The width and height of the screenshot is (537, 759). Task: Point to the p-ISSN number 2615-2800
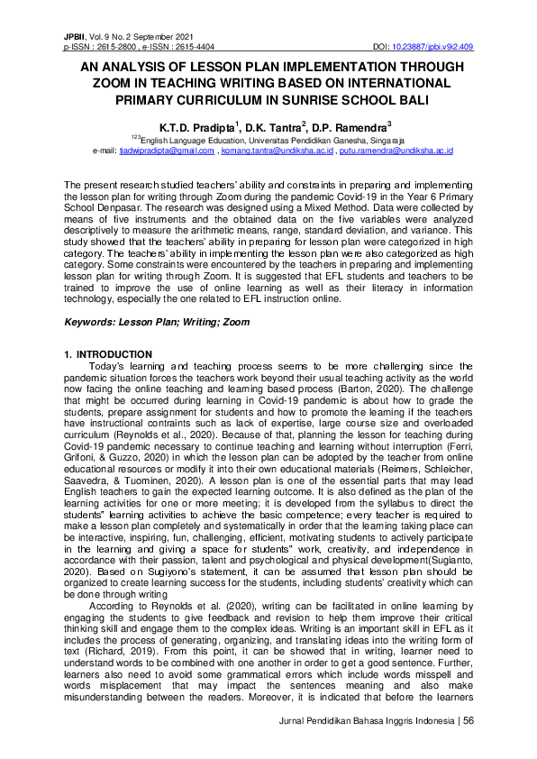click(x=119, y=45)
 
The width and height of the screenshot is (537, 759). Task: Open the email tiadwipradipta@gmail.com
click(x=167, y=151)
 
